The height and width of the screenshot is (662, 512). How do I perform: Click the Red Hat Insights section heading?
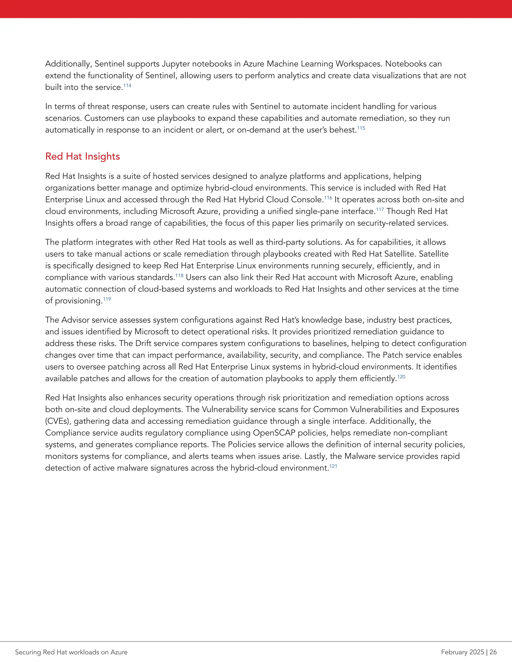pyautogui.click(x=82, y=156)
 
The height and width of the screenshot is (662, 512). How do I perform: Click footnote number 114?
pyautogui.click(x=127, y=85)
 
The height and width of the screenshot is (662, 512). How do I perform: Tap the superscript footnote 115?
pyautogui.click(x=361, y=128)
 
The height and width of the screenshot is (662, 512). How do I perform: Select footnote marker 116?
pyautogui.click(x=328, y=198)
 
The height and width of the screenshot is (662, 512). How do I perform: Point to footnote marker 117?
pyautogui.click(x=380, y=209)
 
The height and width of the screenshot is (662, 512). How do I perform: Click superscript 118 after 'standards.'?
pyautogui.click(x=179, y=276)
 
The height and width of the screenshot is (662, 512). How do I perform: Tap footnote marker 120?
pyautogui.click(x=401, y=377)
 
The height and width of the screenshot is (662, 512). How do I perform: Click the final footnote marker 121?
pyautogui.click(x=333, y=466)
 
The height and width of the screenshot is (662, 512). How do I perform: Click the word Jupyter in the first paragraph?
pyautogui.click(x=175, y=64)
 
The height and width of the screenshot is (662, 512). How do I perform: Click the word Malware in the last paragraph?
pyautogui.click(x=359, y=456)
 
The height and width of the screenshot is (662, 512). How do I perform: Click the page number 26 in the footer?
pyautogui.click(x=493, y=652)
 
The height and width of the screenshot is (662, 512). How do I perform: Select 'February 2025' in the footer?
pyautogui.click(x=462, y=652)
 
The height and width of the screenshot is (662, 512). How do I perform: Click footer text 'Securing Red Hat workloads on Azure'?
pyautogui.click(x=71, y=652)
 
